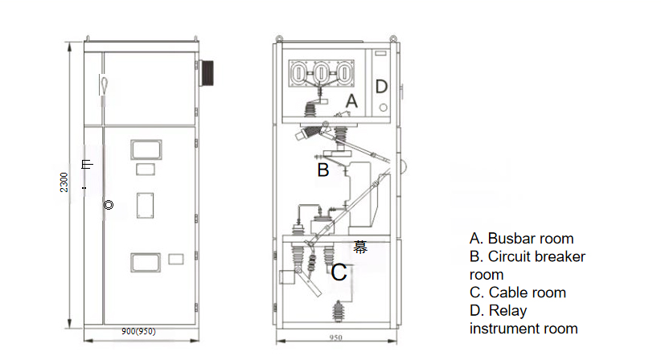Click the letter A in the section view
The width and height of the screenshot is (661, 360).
[351, 101]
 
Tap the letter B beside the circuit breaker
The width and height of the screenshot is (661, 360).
[322, 170]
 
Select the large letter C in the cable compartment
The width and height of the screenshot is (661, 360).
[339, 272]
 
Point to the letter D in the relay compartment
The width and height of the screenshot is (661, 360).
[382, 86]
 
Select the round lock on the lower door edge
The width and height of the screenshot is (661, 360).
[109, 205]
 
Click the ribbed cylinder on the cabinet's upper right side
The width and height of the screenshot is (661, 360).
[207, 72]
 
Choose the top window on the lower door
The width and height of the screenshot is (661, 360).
[146, 148]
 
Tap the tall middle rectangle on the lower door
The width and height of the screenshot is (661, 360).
[145, 205]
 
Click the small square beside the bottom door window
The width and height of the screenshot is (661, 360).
[177, 258]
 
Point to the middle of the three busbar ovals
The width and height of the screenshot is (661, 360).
[322, 73]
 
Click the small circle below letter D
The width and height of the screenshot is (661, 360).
[383, 108]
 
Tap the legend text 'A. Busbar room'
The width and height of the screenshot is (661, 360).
[522, 238]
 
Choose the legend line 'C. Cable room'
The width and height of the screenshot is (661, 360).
[518, 292]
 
